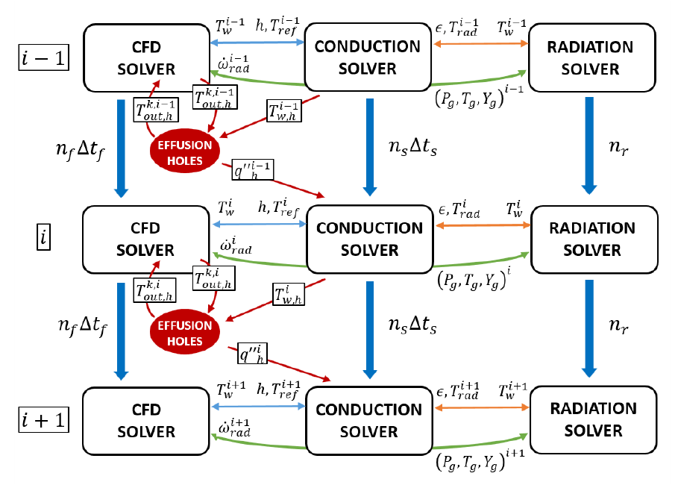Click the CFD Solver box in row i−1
click(146, 57)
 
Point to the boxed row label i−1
click(43, 57)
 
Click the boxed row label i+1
click(43, 420)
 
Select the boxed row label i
click(43, 238)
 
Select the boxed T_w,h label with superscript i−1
click(285, 112)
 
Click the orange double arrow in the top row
click(481, 43)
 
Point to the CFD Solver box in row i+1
click(146, 420)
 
